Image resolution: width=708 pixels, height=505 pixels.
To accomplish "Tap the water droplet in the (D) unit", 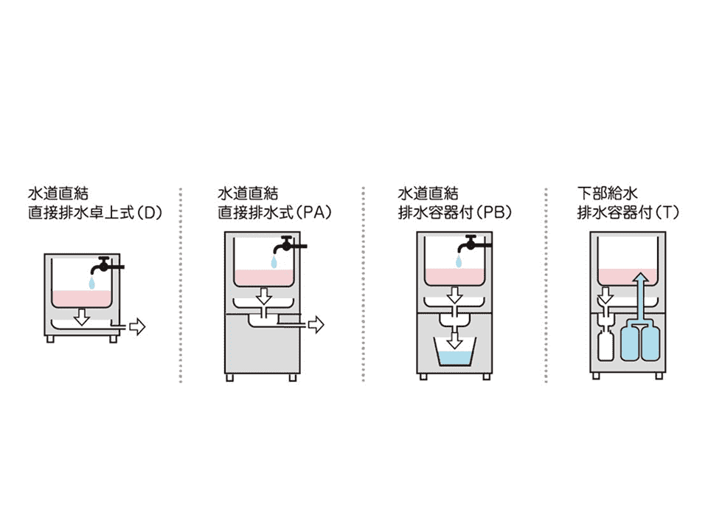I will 91,284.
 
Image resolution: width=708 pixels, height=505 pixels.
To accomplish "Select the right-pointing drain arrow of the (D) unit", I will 137,325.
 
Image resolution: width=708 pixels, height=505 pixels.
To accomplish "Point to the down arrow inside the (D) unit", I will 82,316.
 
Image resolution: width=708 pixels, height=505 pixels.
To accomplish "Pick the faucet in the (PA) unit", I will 288,244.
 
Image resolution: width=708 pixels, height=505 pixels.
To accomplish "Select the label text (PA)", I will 320,213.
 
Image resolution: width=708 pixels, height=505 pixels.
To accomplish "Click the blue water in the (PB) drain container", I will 456,359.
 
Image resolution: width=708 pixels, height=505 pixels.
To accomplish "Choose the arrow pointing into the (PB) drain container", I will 456,340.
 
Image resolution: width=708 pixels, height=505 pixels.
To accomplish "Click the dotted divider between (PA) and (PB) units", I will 364,284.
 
